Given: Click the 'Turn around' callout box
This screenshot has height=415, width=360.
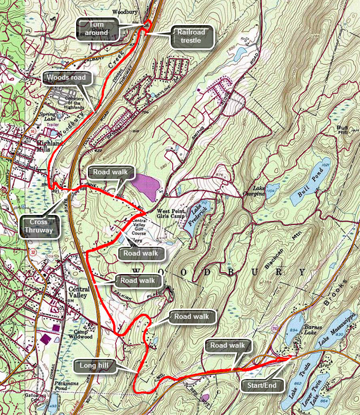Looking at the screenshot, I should (97, 28).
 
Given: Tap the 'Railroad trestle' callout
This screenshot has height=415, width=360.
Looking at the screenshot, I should (191, 36).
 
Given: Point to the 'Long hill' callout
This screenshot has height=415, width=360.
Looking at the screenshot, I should (96, 366).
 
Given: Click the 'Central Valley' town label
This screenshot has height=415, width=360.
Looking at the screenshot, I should (79, 294).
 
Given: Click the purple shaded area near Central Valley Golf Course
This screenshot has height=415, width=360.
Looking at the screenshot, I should (144, 186).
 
